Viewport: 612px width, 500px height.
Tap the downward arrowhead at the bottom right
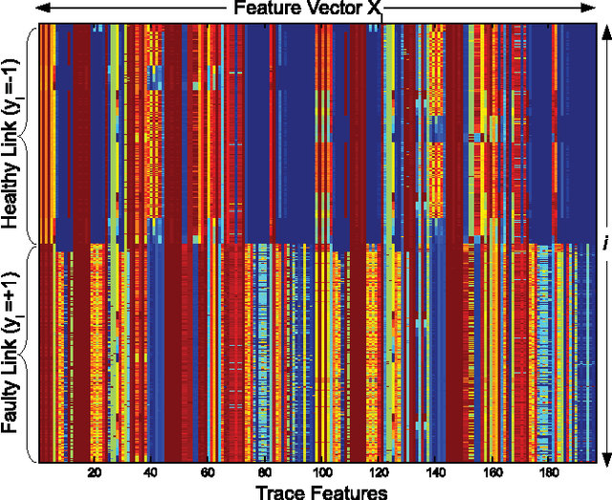click(x=604, y=458)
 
